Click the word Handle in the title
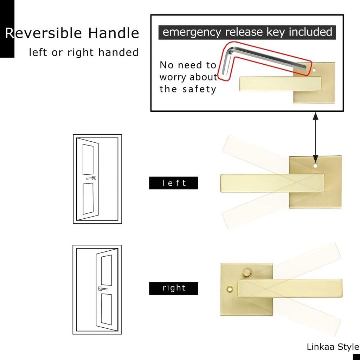tap(114, 33)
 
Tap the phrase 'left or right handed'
tap(84, 53)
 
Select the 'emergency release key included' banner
tap(247, 32)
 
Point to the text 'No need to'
tap(188, 65)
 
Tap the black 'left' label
tap(174, 183)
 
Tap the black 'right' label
tap(174, 288)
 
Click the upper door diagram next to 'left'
tap(97, 179)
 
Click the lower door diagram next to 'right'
tap(97, 289)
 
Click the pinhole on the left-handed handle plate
tap(315, 165)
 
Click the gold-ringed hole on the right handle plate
tap(230, 289)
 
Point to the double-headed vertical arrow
tap(315, 135)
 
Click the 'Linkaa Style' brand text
tap(333, 347)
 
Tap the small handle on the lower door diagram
tap(103, 289)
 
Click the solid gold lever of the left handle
tap(267, 183)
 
